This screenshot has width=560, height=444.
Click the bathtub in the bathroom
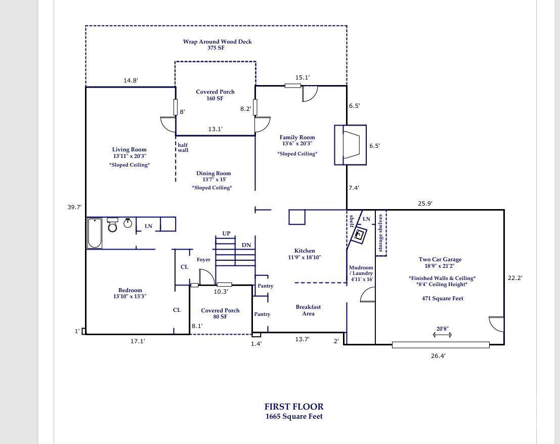95,233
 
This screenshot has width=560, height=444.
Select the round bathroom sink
128,223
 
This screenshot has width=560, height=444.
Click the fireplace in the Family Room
350,145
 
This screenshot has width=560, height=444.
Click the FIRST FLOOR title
294,407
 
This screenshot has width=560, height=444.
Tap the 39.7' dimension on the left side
75,207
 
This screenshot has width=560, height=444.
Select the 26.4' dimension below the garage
438,356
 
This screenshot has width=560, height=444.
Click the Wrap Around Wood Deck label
217,42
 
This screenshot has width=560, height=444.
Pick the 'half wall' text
183,148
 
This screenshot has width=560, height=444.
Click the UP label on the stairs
226,233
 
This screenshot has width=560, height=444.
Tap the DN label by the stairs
246,245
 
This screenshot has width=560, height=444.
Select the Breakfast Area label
308,310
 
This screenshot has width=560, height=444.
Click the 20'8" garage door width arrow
443,335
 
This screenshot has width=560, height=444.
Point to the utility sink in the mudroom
360,234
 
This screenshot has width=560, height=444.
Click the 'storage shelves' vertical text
381,233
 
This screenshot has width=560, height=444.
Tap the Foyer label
203,260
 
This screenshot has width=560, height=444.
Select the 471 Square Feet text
443,299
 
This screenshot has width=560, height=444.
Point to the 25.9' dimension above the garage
425,204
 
